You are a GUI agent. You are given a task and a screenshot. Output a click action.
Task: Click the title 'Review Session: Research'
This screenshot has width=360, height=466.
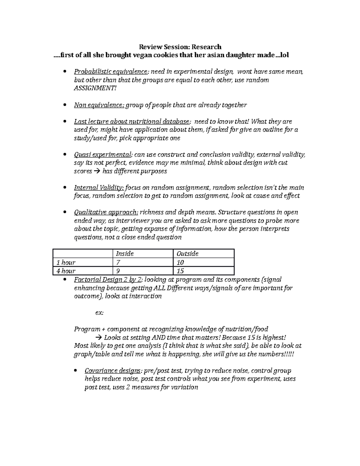(180, 47)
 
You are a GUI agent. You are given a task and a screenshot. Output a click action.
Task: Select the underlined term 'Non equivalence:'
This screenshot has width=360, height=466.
(99, 105)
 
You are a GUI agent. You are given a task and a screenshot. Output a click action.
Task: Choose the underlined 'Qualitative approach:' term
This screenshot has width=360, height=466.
(106, 212)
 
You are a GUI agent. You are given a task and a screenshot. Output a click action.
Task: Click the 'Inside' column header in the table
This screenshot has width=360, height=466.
(125, 254)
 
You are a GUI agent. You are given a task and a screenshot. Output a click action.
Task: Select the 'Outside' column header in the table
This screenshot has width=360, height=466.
(187, 254)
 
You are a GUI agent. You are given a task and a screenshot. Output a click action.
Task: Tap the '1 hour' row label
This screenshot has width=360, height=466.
(66, 263)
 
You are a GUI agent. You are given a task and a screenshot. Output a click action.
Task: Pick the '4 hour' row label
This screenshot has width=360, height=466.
(66, 271)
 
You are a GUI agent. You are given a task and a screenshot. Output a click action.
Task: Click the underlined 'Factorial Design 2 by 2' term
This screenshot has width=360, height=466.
(109, 280)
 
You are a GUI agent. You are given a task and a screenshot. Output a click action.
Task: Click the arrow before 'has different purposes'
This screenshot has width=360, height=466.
(97, 171)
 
